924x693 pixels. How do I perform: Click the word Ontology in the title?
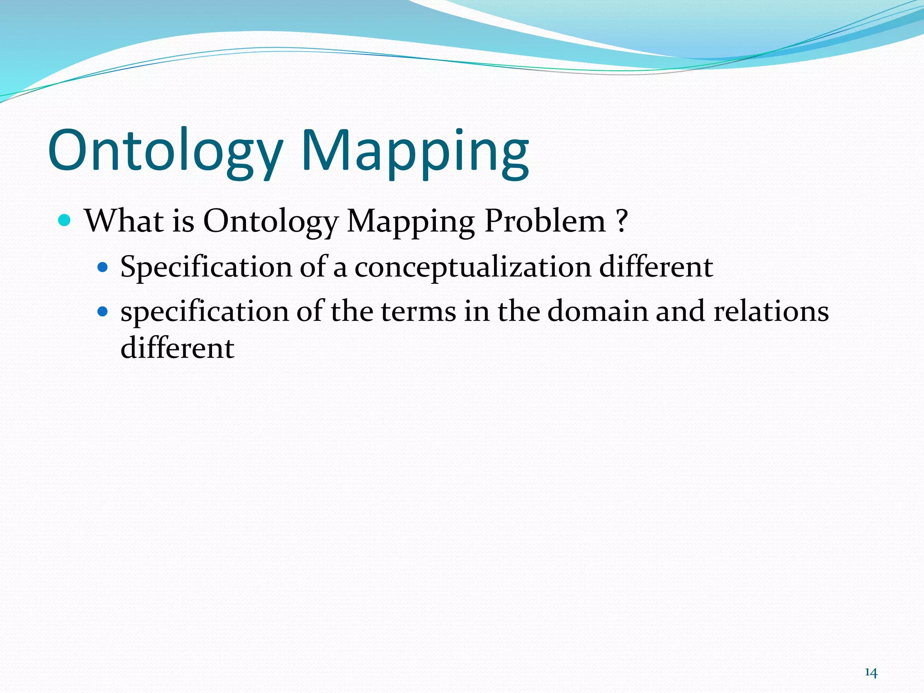coord(165,151)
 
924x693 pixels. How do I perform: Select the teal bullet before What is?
coord(65,221)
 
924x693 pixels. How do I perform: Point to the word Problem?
coord(545,221)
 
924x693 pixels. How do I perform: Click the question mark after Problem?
coord(621,221)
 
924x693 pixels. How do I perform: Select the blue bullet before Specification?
coord(103,268)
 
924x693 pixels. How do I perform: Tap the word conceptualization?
coord(472,267)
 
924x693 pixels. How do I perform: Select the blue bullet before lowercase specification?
coord(103,311)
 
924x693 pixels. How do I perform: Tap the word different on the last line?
coord(177,348)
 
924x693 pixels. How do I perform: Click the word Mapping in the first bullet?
coord(411,222)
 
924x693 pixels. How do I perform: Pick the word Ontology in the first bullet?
coord(270,222)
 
